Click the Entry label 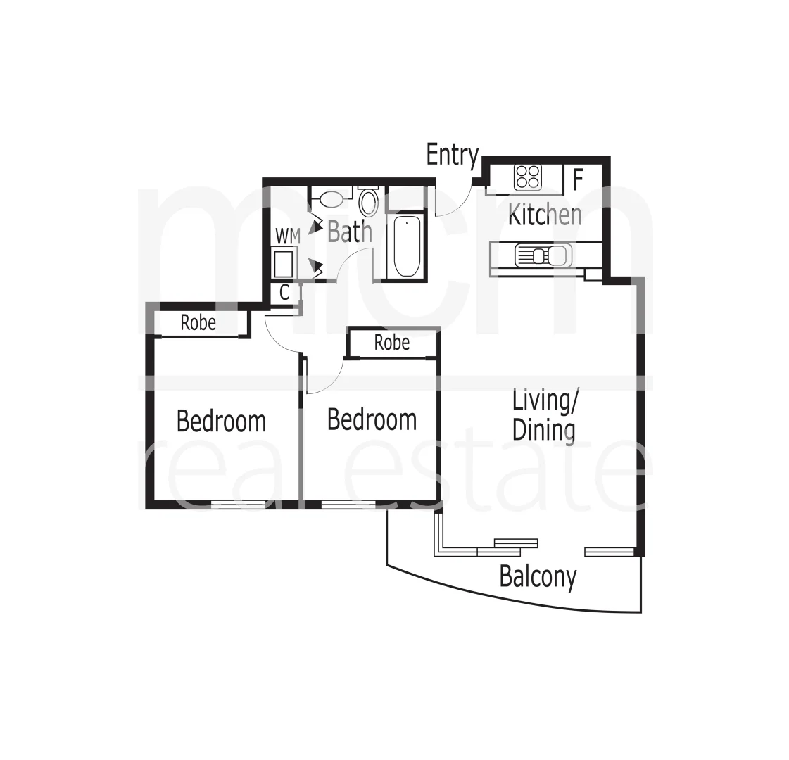pos(452,155)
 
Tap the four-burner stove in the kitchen pos(527,177)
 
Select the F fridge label pos(578,179)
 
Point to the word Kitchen pos(545,215)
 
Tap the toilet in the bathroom pos(367,201)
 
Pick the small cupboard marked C pos(284,293)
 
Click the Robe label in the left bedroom pos(198,323)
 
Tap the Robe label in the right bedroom pos(391,343)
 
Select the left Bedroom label pos(221,422)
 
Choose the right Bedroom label pos(372,420)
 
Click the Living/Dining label pos(544,415)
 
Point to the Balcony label pos(538,577)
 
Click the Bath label pos(349,231)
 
